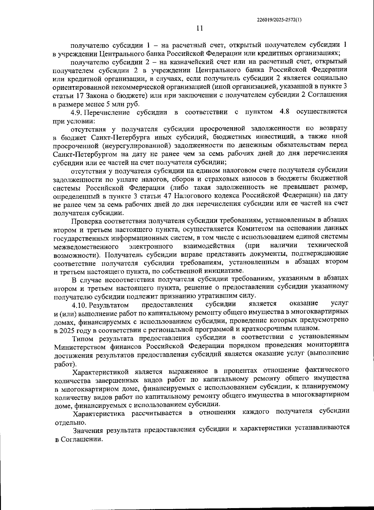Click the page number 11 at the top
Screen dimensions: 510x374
(199, 28)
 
